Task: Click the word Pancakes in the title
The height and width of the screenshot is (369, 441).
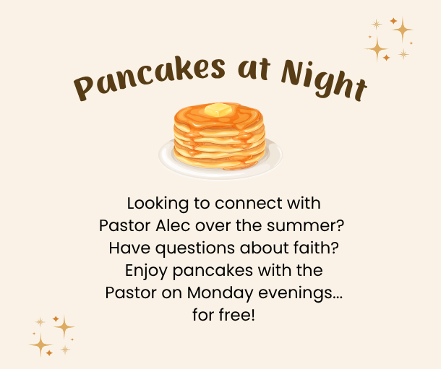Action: [149, 77]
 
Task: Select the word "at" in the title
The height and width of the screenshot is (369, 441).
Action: [254, 69]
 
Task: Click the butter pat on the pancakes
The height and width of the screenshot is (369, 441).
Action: [218, 110]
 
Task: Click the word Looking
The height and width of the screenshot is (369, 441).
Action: [158, 204]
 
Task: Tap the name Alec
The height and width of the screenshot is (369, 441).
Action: [173, 225]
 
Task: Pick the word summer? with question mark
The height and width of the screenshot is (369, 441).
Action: [305, 225]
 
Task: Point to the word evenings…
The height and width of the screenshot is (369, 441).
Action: [300, 294]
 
